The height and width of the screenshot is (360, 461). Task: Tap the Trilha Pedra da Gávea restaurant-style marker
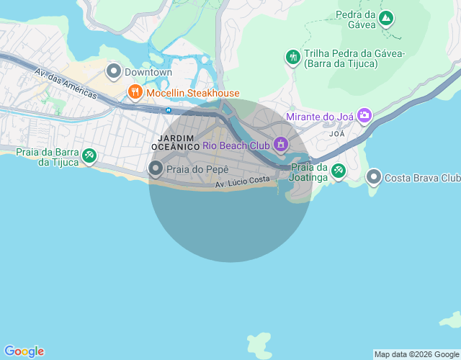point(292,57)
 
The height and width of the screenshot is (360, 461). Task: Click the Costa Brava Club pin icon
point(373,176)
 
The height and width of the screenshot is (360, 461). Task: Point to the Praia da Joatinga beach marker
point(337,170)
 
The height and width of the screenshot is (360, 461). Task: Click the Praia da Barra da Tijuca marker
point(89,155)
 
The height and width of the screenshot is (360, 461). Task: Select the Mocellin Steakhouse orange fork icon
point(135,92)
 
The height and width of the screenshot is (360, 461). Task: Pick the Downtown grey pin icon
point(113,71)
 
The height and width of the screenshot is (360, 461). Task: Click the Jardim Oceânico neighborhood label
point(175,141)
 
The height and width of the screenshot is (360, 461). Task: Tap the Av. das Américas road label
point(66,84)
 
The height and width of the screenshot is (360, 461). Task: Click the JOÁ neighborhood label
point(337,134)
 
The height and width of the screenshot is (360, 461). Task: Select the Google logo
point(24,351)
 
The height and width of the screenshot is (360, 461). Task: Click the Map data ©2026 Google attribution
point(416,354)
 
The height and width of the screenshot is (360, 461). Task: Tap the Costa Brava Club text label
point(422,178)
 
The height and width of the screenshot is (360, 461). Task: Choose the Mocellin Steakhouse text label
point(193,93)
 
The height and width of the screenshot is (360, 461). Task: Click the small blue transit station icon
point(168,110)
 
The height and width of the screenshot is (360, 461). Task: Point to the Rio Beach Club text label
point(236,145)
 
